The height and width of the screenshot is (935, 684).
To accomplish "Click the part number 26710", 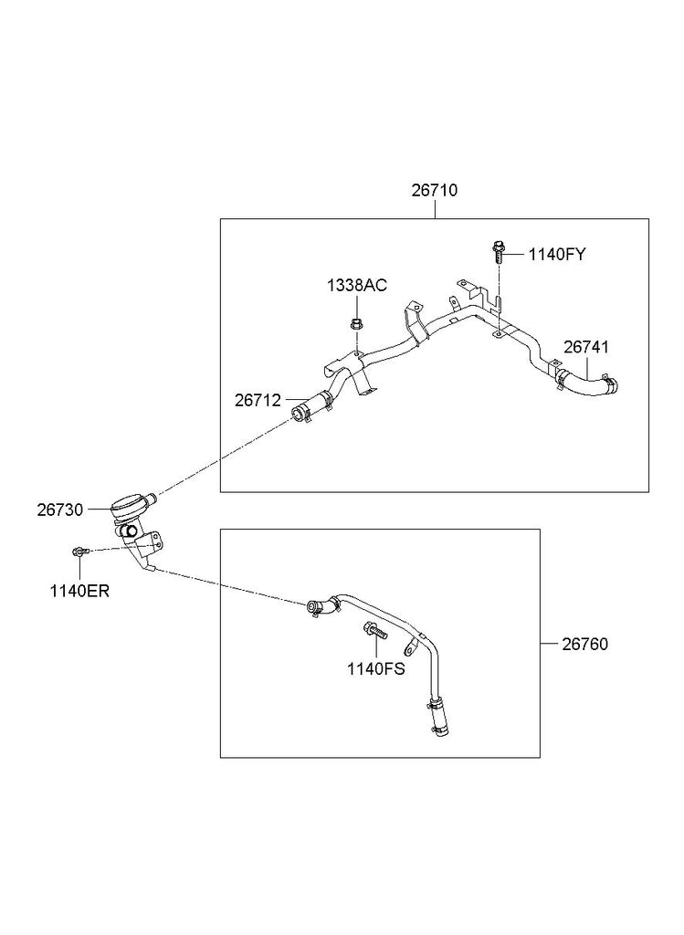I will (x=434, y=191).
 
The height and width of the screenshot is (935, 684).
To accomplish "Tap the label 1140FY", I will (x=556, y=255).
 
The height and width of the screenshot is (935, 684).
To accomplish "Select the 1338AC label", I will (x=357, y=286).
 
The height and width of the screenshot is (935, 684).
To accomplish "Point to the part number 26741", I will (x=586, y=348).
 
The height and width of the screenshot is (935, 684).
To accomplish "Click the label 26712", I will (x=258, y=400).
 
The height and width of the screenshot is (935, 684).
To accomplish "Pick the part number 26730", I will (x=60, y=510).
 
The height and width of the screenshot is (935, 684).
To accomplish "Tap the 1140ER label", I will (x=79, y=590).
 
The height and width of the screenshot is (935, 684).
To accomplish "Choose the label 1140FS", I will (x=375, y=667).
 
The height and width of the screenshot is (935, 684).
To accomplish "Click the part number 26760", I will (x=585, y=644).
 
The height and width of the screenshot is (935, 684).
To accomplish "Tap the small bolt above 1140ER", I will (x=79, y=552).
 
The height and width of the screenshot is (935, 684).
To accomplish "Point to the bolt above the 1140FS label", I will (x=374, y=631).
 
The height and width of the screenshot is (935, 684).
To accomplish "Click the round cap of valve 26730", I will (x=128, y=501).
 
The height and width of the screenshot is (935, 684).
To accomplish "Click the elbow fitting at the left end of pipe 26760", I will (x=319, y=605).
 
